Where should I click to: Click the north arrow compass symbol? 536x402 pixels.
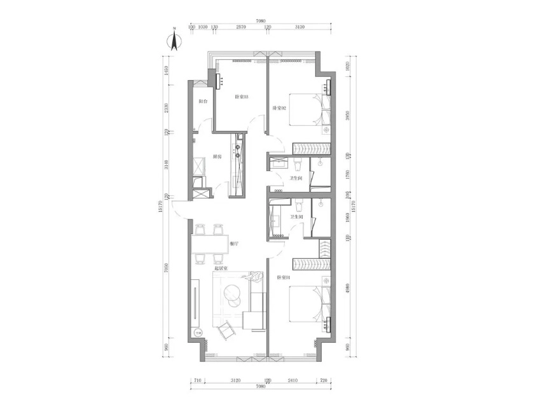[x=174, y=41]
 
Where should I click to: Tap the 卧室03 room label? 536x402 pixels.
[x=241, y=97]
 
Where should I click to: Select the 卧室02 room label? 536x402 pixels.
[x=280, y=109]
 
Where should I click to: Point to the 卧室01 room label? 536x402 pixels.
[x=284, y=277]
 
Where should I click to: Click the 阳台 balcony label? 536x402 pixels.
[x=203, y=102]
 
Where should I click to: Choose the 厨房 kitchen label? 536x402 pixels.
[x=217, y=156]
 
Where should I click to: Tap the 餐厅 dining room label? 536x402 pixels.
[x=234, y=244]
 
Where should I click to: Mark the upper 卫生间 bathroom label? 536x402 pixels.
[x=296, y=179]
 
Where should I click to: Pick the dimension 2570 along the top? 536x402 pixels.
[x=241, y=28]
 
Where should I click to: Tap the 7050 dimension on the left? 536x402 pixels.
[x=167, y=269]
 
